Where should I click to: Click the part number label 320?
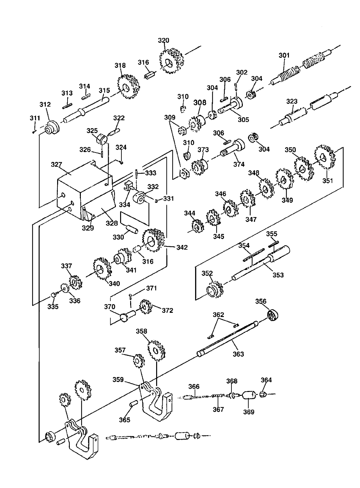point(163,41)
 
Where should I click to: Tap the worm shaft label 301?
point(284,55)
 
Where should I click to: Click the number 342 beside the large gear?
point(182,248)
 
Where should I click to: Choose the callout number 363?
point(238,354)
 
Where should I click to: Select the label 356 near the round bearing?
point(261,301)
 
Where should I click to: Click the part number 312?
point(45,104)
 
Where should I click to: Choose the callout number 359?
point(118,380)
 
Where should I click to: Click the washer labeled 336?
point(65,288)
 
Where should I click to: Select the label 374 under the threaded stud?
point(239,164)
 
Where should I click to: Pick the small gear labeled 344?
point(198,226)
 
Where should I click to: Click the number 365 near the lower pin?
point(125,420)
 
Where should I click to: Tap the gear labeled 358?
point(156,350)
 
